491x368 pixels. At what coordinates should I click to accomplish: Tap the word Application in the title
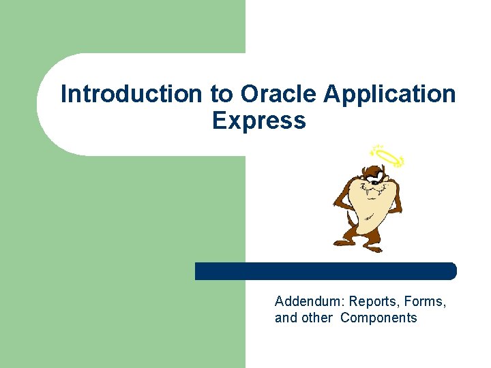coord(389,94)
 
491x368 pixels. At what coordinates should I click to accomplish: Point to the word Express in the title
coord(258,121)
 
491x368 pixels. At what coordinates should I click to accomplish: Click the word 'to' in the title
coord(221,94)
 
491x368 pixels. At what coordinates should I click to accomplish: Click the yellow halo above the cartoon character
coord(387,156)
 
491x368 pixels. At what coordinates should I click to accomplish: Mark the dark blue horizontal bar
coord(325,271)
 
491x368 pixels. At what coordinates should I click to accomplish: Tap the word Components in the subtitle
coord(378,318)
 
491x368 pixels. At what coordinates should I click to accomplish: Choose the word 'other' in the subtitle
coord(316,318)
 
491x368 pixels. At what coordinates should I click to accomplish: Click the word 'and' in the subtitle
coord(286,318)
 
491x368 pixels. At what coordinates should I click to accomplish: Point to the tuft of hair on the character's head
coord(360,168)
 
